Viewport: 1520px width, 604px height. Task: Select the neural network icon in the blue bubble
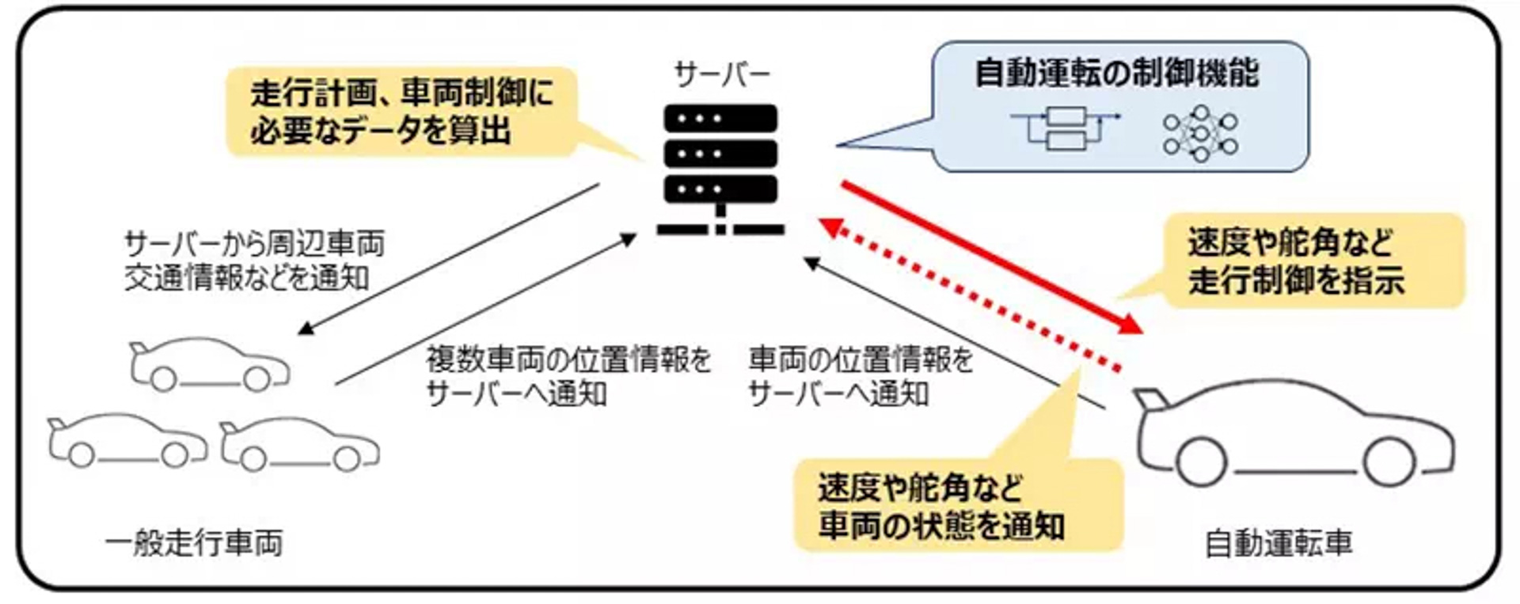(x=1200, y=134)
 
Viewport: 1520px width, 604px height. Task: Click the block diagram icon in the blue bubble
(x=1066, y=128)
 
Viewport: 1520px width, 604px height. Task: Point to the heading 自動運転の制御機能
(x=1116, y=74)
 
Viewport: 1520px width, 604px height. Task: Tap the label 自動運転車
(x=1278, y=544)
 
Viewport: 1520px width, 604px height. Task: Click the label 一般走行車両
(x=194, y=544)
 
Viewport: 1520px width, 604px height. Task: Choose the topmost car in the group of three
(x=210, y=364)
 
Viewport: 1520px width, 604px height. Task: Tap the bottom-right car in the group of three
(x=299, y=444)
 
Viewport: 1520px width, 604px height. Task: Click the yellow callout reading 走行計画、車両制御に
(x=401, y=112)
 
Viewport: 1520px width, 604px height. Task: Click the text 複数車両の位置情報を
(x=568, y=360)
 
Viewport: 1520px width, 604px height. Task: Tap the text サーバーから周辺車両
(x=254, y=244)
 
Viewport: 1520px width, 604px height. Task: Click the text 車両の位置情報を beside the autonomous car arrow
(x=861, y=360)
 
